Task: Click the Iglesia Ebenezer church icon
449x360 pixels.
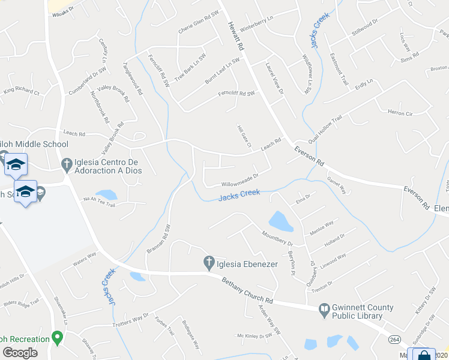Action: pyautogui.click(x=209, y=262)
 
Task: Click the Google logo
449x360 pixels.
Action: pyautogui.click(x=20, y=353)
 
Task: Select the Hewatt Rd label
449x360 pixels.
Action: pyautogui.click(x=237, y=36)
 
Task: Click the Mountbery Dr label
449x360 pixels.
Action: pyautogui.click(x=276, y=238)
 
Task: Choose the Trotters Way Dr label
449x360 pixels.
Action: pyautogui.click(x=130, y=320)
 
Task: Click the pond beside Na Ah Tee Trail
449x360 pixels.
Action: pyautogui.click(x=107, y=194)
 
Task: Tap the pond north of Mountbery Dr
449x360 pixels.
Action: pyautogui.click(x=281, y=221)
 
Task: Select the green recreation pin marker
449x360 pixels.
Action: pyautogui.click(x=58, y=337)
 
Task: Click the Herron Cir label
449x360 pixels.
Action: pyautogui.click(x=400, y=113)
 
